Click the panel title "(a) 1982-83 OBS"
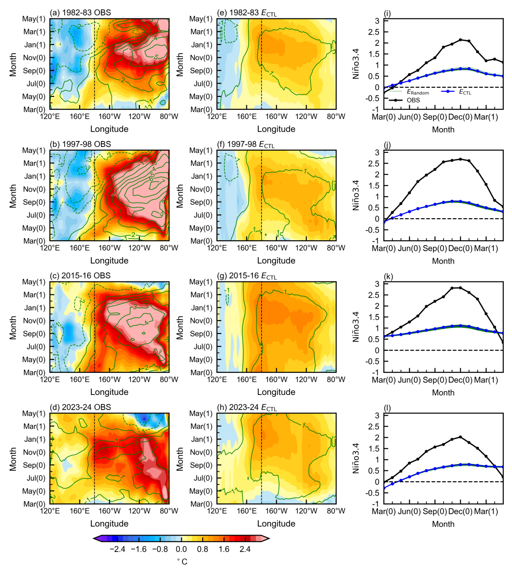click(x=80, y=12)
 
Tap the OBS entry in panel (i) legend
click(x=413, y=100)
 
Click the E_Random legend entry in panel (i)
click(x=417, y=92)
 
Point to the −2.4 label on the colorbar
click(x=117, y=549)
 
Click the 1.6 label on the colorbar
click(x=224, y=549)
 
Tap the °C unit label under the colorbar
click(x=182, y=562)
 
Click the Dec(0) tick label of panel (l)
click(x=460, y=511)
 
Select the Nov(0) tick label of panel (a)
click(x=34, y=58)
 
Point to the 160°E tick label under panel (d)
click(x=79, y=511)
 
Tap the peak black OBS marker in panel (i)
click(x=461, y=40)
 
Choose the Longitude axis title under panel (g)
click(x=276, y=392)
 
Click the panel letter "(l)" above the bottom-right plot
click(x=388, y=408)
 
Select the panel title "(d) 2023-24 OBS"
click(x=80, y=407)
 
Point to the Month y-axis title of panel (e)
click(x=180, y=64)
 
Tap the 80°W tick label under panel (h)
click(x=336, y=511)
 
